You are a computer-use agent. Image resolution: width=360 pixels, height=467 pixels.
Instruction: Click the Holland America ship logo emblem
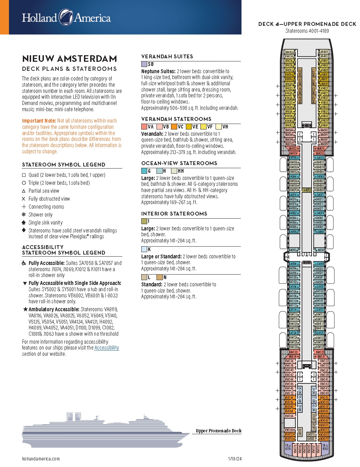point(66,17)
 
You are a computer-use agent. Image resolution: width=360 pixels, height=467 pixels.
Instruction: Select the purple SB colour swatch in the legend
point(144,64)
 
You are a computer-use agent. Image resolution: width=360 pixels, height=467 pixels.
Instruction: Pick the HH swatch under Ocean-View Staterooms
point(174,171)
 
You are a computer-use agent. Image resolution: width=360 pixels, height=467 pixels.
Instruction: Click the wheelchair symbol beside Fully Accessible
point(24,263)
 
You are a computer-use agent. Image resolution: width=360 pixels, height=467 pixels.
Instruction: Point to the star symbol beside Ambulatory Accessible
point(25,309)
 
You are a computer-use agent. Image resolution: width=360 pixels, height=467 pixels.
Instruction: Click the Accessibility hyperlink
point(106,348)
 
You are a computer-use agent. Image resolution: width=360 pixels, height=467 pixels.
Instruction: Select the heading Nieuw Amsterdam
point(69,58)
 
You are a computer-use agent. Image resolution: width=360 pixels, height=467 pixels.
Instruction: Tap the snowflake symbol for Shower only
point(24,215)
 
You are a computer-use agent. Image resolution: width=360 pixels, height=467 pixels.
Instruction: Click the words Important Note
point(39,121)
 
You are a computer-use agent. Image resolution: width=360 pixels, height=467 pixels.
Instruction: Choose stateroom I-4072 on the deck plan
point(307,190)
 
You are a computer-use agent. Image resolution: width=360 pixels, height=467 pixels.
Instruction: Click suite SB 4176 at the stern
point(288,447)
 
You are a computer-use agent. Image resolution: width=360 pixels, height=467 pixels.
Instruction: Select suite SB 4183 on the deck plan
point(325,447)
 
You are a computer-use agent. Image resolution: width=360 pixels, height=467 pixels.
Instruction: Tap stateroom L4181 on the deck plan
point(311,439)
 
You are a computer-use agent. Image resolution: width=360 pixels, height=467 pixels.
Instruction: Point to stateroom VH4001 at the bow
point(324,52)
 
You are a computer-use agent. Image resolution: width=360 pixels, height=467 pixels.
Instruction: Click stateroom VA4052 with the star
point(292,149)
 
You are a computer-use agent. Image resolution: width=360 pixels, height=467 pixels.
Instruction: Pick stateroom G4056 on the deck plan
point(294,158)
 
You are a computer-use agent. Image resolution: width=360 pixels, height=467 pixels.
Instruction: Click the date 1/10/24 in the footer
point(235,459)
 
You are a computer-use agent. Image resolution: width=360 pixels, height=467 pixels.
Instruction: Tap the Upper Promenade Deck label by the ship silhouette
point(218,431)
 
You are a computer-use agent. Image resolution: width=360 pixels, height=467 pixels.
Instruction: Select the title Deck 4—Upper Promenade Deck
point(307,24)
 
